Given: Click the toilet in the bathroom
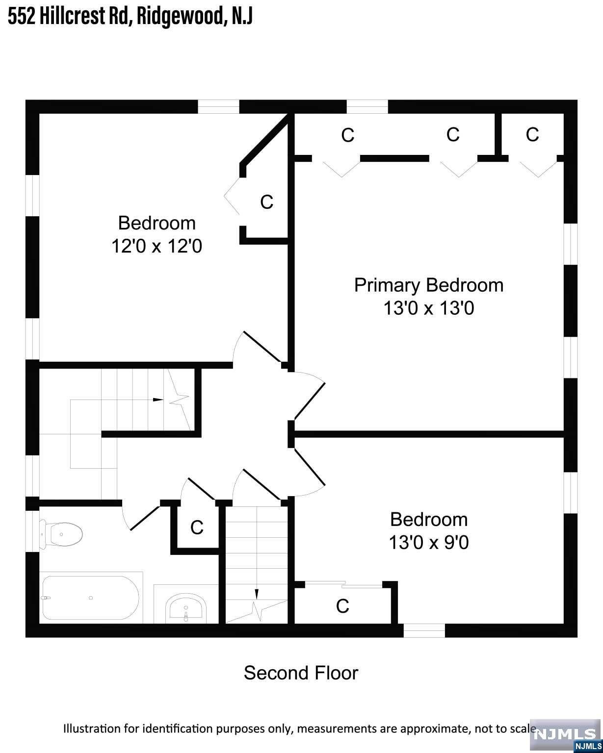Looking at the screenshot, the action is (61, 534).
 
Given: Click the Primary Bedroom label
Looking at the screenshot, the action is (429, 285).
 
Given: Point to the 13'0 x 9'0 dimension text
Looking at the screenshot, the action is (429, 542).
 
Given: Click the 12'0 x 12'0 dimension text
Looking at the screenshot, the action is (157, 246).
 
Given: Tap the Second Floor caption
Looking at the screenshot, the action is (301, 673).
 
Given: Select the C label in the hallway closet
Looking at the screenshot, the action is (197, 527).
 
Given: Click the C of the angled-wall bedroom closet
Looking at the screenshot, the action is (266, 202).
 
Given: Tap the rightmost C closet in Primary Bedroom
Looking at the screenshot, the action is (532, 134).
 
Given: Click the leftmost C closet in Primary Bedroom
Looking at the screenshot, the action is (348, 135).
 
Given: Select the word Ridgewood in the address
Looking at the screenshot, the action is (180, 16).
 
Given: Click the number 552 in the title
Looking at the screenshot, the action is (22, 16).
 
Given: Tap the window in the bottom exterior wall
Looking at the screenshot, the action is (424, 631).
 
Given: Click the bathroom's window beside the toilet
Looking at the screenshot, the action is (32, 531).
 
